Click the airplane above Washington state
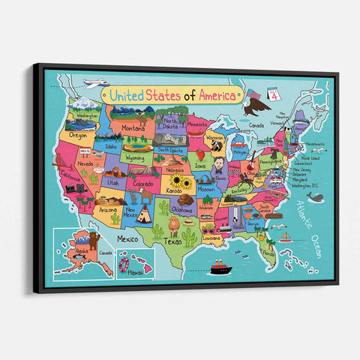click(94, 83)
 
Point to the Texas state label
click(174, 241)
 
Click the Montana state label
click(133, 128)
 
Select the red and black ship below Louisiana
click(219, 267)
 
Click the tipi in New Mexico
click(143, 214)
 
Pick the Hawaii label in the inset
click(135, 274)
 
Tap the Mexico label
click(127, 238)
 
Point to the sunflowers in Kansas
click(180, 182)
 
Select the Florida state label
click(268, 253)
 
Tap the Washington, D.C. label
click(306, 184)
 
